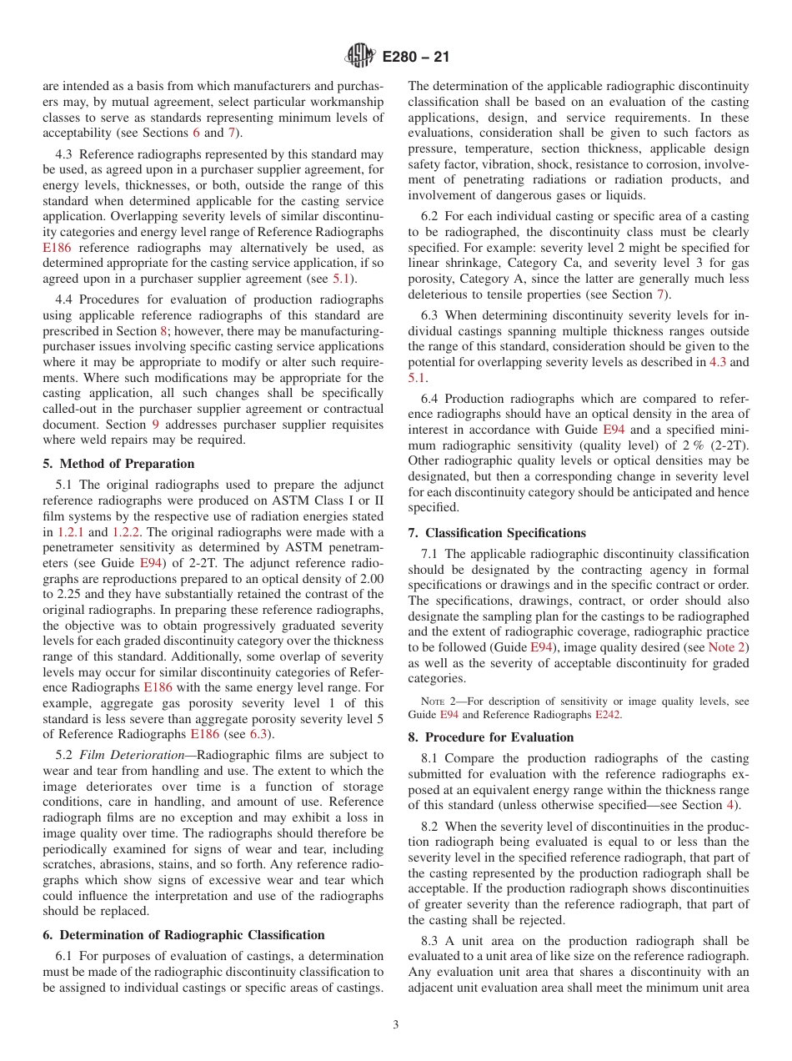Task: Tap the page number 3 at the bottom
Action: pyautogui.click(x=396, y=1026)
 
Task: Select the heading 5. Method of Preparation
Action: pyautogui.click(x=118, y=464)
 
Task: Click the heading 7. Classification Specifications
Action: pyautogui.click(x=497, y=533)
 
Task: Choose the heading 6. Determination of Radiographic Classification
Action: pyautogui.click(x=183, y=935)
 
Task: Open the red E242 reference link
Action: pyautogui.click(x=609, y=715)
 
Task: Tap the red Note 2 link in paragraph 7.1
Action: pyautogui.click(x=728, y=646)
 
